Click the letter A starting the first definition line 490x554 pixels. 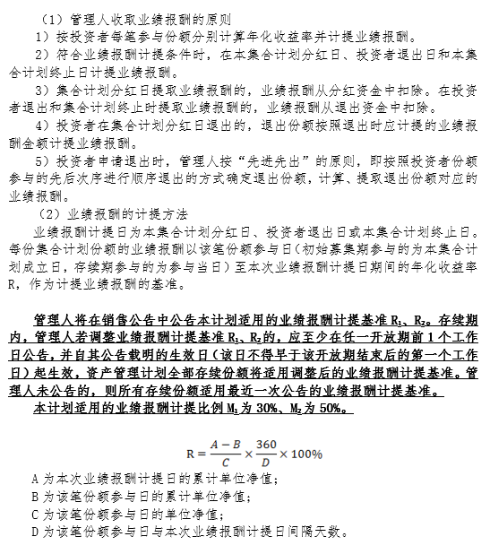(34, 480)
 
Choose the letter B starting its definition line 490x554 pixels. (34, 497)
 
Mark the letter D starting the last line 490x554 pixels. (34, 532)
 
